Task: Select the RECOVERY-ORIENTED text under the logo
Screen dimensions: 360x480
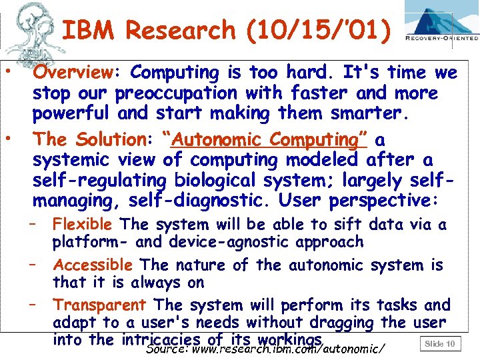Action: tap(442, 39)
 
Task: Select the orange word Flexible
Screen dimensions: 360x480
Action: tap(84, 225)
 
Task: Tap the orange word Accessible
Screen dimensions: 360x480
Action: tap(93, 265)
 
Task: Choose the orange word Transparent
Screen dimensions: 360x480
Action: tap(99, 305)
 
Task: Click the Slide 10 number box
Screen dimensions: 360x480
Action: tap(439, 344)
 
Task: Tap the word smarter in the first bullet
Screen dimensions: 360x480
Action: tap(371, 113)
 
